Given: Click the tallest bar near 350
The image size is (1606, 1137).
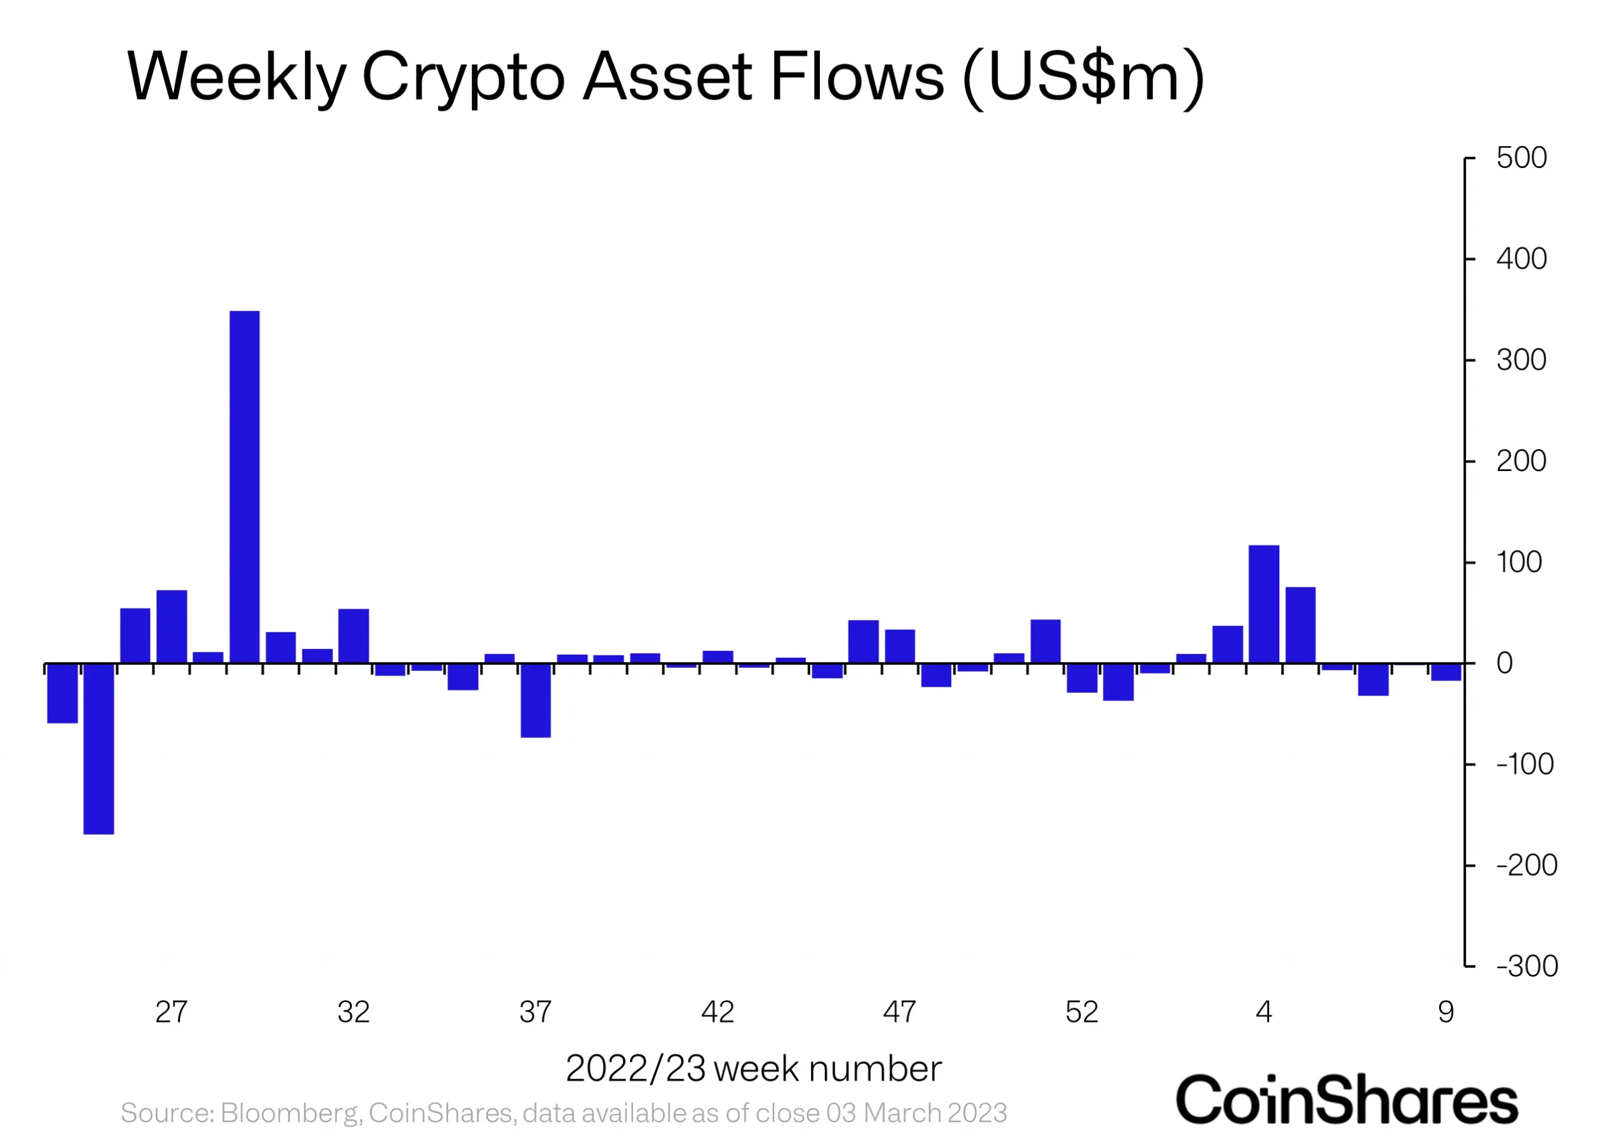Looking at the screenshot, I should pyautogui.click(x=245, y=487).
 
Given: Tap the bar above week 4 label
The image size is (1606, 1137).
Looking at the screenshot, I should pyautogui.click(x=1263, y=603).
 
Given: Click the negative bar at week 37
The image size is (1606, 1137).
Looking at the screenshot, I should pyautogui.click(x=536, y=700).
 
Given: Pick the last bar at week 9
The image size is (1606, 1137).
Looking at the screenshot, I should pyautogui.click(x=1445, y=672).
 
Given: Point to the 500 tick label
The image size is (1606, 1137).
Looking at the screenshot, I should pyautogui.click(x=1521, y=158).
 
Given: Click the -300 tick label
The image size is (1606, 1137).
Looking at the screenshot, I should pyautogui.click(x=1526, y=966).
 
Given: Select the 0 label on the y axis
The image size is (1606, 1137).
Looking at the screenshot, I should pyautogui.click(x=1504, y=663).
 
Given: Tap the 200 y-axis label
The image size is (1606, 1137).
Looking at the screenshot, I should pyautogui.click(x=1521, y=462).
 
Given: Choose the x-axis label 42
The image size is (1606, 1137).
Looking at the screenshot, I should pyautogui.click(x=717, y=1012).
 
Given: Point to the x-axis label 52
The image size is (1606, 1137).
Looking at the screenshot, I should pyautogui.click(x=1082, y=1012).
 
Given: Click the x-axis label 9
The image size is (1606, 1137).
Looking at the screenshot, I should pyautogui.click(x=1445, y=1012).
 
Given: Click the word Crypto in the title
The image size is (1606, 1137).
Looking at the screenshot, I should pyautogui.click(x=463, y=77).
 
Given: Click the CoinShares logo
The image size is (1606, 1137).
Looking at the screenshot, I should pyautogui.click(x=1346, y=1100).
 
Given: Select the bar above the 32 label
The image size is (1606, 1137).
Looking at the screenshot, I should pyautogui.click(x=354, y=636).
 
